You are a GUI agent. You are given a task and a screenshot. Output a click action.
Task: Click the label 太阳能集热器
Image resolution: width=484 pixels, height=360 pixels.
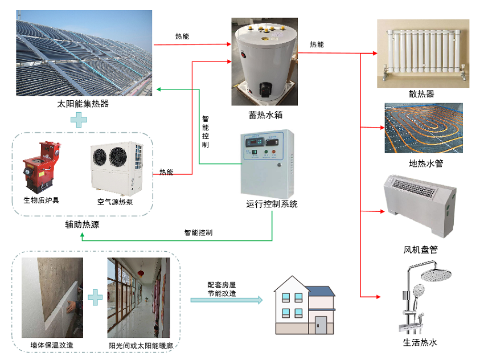click(83, 104)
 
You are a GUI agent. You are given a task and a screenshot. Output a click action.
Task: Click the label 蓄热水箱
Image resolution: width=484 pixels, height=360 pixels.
click(265, 115)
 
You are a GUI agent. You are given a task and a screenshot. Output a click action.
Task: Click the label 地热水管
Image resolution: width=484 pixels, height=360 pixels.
click(425, 163)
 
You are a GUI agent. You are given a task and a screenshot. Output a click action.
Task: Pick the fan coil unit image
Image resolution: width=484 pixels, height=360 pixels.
click(420, 203)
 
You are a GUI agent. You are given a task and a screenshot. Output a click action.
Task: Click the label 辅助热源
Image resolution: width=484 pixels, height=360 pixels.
click(83, 224)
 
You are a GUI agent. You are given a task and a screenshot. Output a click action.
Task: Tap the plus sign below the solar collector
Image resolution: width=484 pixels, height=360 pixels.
click(79, 120)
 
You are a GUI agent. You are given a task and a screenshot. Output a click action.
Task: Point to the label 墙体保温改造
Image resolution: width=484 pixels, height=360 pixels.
click(52, 345)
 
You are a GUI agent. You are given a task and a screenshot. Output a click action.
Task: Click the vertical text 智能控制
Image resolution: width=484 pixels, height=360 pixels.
click(205, 132)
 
